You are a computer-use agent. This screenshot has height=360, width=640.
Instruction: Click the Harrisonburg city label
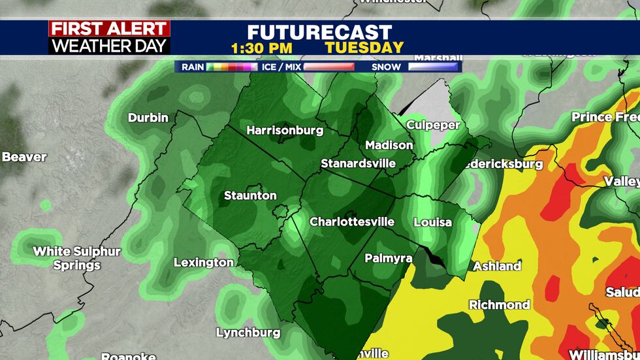pyautogui.click(x=284, y=130)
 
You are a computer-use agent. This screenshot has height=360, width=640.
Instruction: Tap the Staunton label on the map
pyautogui.click(x=250, y=195)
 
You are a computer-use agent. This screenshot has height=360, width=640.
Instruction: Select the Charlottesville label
pyautogui.click(x=351, y=221)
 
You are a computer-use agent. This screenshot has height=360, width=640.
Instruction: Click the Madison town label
pyautogui.click(x=389, y=145)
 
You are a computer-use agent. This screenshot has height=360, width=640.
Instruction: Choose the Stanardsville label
pyautogui.click(x=358, y=163)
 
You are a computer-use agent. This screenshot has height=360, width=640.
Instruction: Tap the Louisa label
pyautogui.click(x=432, y=222)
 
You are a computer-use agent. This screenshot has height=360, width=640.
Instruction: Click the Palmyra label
pyautogui.click(x=388, y=258)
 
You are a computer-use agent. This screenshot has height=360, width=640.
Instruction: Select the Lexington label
pyautogui.click(x=203, y=262)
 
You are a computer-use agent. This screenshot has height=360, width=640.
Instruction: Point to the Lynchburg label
pyautogui.click(x=248, y=333)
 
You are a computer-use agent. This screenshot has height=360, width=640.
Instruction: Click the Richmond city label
pyautogui.click(x=499, y=304)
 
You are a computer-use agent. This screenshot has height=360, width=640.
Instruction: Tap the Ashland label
pyautogui.click(x=497, y=266)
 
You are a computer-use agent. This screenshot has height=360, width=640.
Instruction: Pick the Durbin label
pyautogui.click(x=148, y=118)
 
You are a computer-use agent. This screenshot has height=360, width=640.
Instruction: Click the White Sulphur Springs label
pyautogui.click(x=77, y=258)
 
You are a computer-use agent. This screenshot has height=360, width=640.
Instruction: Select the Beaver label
pyautogui.click(x=24, y=157)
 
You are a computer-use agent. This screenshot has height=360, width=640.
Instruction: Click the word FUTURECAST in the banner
pyautogui.click(x=319, y=33)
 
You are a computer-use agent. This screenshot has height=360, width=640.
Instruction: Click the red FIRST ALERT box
pyautogui.click(x=109, y=29)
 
